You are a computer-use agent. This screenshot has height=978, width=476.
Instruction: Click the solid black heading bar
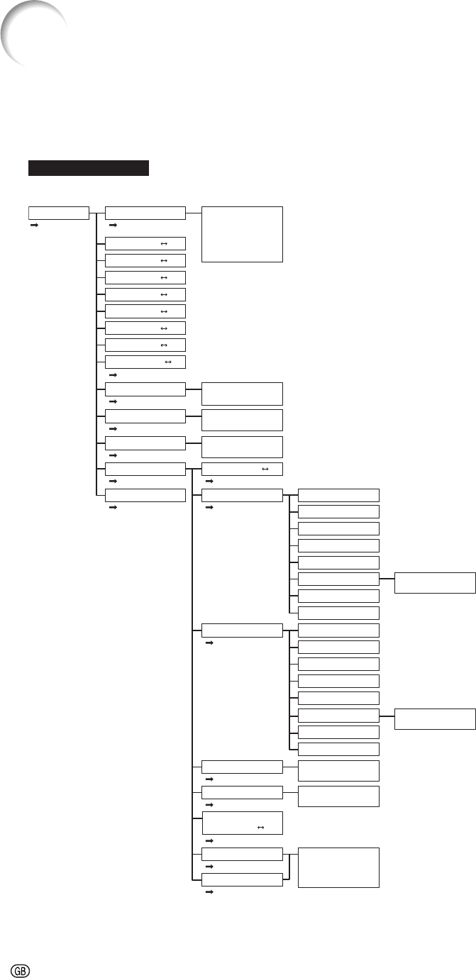pos(89,167)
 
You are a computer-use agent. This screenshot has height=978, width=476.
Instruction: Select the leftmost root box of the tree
pos(58,213)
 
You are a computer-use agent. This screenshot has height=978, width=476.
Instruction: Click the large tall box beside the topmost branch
pos(241,234)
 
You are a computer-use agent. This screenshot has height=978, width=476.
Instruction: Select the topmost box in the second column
pos(145,213)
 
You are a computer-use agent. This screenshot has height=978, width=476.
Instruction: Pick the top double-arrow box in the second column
pos(145,243)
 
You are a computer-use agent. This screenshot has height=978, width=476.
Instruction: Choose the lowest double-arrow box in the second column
pos(145,362)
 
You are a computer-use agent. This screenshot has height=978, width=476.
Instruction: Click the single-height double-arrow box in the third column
pos(242,469)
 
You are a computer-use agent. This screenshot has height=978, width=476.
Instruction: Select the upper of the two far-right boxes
pos(434,582)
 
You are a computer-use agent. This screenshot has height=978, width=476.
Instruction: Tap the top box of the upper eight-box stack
pos(338,495)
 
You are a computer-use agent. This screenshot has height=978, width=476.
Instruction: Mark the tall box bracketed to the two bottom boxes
pos(338,867)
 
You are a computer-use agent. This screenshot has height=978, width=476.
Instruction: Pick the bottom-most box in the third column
pos(242,880)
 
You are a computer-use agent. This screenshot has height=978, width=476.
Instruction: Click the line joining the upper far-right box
pos(387,579)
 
